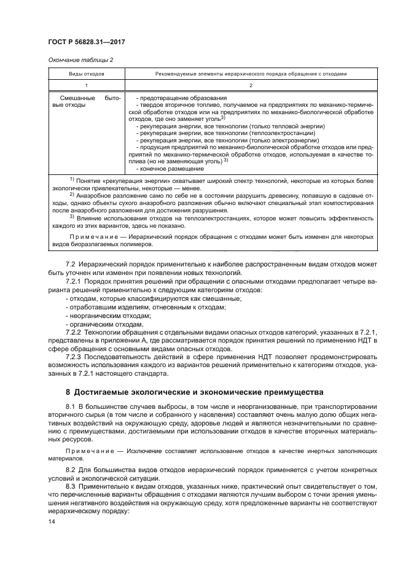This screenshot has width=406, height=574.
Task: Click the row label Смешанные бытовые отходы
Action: coord(85,102)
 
